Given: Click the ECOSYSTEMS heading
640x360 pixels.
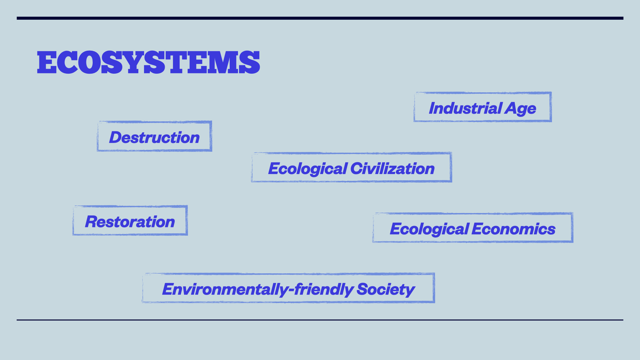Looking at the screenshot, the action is (148, 62).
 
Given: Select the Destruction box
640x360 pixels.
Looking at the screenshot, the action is (154, 136).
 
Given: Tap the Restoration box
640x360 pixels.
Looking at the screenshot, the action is (130, 220).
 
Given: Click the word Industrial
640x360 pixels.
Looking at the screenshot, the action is (465, 108).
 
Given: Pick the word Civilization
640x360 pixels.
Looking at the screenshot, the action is (393, 168).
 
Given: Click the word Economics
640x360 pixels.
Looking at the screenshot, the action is (514, 229).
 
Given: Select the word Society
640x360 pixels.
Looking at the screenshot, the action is (386, 289).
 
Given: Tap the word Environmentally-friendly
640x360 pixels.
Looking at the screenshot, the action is (258, 289).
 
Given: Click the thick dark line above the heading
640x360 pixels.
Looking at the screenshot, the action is (320, 18).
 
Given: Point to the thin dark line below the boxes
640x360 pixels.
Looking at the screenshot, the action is (320, 320).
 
